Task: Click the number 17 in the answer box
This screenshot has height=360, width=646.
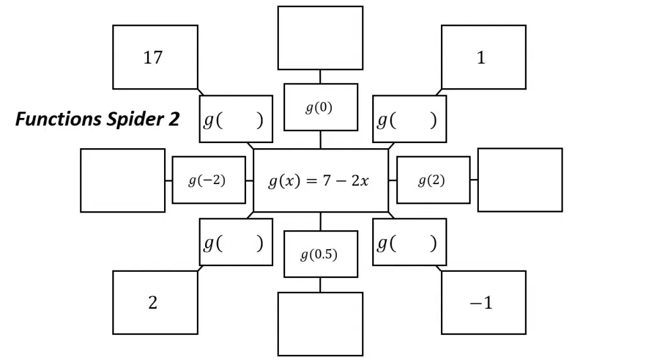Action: click(x=153, y=57)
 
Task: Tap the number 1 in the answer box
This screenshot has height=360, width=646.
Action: click(x=481, y=57)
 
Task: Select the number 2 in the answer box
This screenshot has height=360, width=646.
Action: click(x=153, y=303)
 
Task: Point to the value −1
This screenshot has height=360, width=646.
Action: click(x=481, y=303)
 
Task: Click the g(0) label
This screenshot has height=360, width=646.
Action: click(x=319, y=108)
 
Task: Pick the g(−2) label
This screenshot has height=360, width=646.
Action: click(x=207, y=180)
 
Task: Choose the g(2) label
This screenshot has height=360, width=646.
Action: click(x=432, y=180)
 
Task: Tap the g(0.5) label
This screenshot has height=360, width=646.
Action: click(x=319, y=255)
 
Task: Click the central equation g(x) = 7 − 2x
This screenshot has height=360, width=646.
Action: click(x=319, y=181)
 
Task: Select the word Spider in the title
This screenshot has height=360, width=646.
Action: click(x=136, y=119)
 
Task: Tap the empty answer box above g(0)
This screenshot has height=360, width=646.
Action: click(x=320, y=38)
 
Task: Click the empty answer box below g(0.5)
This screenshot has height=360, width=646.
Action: click(x=320, y=324)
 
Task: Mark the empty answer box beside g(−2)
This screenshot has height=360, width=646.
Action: click(x=123, y=180)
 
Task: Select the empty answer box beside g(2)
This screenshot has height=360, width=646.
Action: click(x=520, y=180)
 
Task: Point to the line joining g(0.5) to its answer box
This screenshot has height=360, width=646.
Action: click(x=320, y=285)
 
